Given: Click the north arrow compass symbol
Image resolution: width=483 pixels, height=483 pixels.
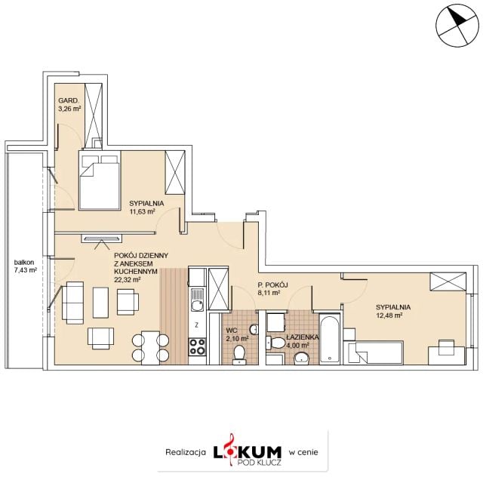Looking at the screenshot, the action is point(457,26).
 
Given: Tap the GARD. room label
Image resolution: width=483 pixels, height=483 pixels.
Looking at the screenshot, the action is point(69,100).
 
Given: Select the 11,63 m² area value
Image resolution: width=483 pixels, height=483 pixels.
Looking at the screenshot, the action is point(142,211).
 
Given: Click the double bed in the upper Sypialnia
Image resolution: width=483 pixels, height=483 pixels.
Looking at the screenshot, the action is point(100,180).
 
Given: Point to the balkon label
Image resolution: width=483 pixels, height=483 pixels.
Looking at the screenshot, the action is point(24,263).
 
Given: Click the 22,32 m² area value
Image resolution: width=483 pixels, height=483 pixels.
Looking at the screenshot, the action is point(128,280).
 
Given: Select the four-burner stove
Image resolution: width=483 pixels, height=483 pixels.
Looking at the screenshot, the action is point(197,346).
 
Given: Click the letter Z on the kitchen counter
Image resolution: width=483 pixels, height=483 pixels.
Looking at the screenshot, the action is point(196,325).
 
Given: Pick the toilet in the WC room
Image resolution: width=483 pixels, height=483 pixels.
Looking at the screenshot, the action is point(239,354).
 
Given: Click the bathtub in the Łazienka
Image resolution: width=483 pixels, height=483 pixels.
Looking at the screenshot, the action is point(330,339).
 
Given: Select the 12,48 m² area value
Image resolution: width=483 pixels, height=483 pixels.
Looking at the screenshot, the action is point(389,315).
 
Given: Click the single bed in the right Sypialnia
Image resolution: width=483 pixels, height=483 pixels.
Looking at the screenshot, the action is point(376,353).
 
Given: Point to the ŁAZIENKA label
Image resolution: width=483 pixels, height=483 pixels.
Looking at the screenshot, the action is point(302,337).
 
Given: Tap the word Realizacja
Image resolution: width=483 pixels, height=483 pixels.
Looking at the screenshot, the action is point(186,452).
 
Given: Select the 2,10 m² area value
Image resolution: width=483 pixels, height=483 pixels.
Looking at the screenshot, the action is point(237,339).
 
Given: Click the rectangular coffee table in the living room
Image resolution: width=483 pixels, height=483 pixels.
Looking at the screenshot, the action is point(100,303).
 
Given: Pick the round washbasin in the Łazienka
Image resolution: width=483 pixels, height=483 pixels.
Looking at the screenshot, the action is point(302,358).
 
